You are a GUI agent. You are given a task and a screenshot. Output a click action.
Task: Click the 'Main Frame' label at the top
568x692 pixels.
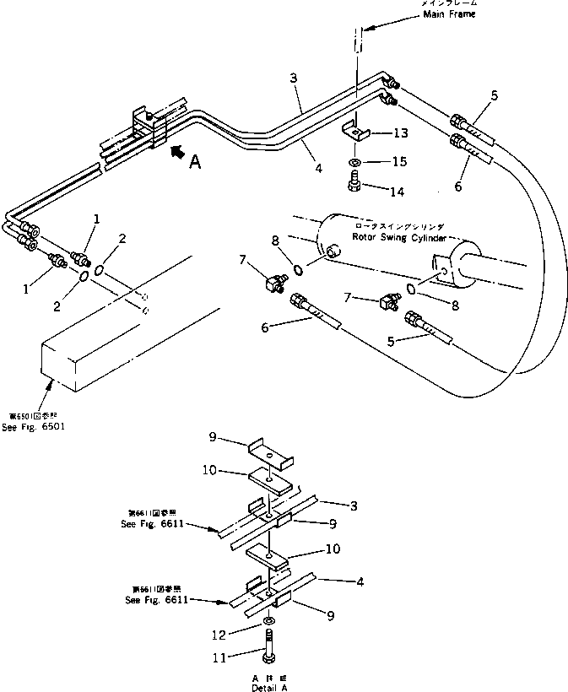pos(450,14)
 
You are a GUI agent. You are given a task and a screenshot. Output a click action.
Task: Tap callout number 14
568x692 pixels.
pos(398,192)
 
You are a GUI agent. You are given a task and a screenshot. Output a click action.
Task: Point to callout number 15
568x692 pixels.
pos(399,160)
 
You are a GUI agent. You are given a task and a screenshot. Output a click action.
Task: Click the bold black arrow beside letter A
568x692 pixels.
pos(176,151)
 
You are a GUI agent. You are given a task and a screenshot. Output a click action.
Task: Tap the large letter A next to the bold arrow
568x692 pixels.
pos(195,162)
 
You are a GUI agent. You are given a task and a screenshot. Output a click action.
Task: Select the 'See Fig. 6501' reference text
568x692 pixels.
pos(37,426)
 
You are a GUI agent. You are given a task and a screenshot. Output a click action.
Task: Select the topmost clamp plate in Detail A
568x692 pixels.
pos(269,455)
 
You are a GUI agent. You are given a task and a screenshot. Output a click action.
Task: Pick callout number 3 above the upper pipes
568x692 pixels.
pos(292,78)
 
